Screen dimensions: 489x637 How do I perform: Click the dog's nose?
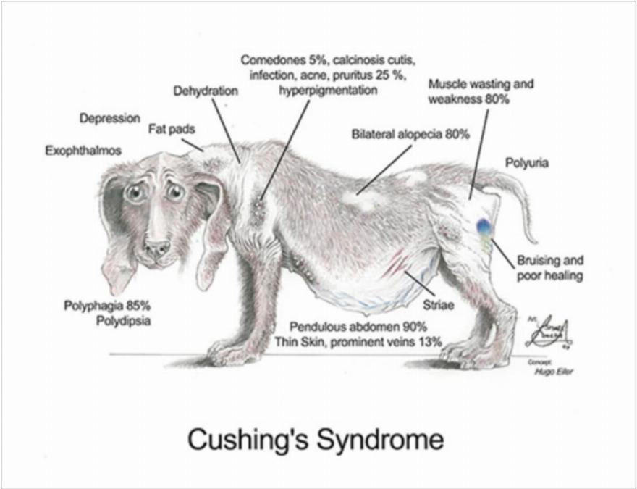[156, 248]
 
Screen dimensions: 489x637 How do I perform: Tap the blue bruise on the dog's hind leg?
[483, 226]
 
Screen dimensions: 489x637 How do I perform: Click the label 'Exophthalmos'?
[83, 151]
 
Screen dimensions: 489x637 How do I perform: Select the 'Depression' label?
[110, 118]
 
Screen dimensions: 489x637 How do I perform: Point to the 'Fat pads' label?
[172, 129]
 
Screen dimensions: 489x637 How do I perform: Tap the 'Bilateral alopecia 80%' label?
[410, 135]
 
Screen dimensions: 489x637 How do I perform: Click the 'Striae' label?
[439, 305]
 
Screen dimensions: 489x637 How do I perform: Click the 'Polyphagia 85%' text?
[106, 304]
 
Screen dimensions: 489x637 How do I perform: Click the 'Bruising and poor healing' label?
[550, 268]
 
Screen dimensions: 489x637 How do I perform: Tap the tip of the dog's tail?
[535, 240]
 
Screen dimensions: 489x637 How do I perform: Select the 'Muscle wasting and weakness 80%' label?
[481, 91]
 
